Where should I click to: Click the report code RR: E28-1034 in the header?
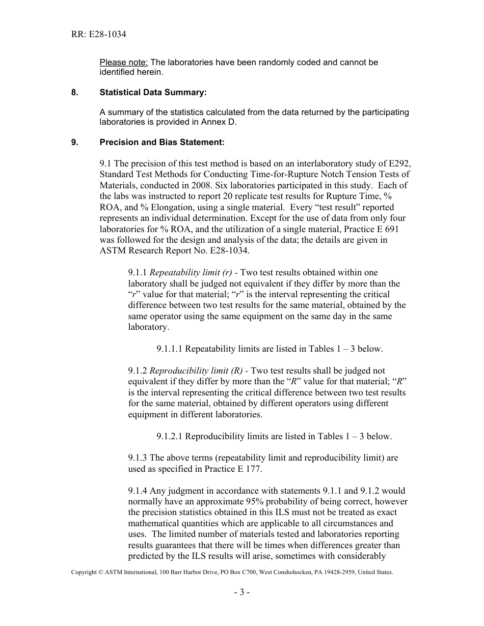98,35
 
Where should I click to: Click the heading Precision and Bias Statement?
162,142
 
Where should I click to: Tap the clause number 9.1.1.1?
170,349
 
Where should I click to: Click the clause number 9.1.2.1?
170,436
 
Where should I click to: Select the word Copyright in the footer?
84,572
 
